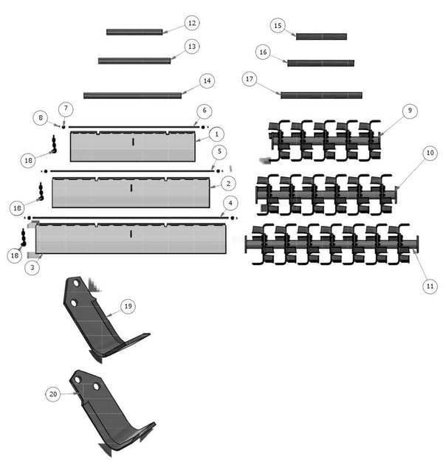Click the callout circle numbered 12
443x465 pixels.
tap(191, 24)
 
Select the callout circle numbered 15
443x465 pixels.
tap(278, 26)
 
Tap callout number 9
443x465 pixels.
tap(408, 110)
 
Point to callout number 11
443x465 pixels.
tap(430, 285)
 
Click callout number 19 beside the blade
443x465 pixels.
tap(128, 306)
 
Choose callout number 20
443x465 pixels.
tap(53, 395)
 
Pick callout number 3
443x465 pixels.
tap(31, 268)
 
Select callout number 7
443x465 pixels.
tap(66, 108)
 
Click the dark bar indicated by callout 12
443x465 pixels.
tap(134, 32)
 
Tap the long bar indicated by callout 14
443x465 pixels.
tap(133, 95)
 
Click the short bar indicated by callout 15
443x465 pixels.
tap(321, 36)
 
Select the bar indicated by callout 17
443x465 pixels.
tap(321, 95)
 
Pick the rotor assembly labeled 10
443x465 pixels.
tap(325, 193)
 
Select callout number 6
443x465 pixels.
tap(202, 110)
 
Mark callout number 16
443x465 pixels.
tap(263, 52)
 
